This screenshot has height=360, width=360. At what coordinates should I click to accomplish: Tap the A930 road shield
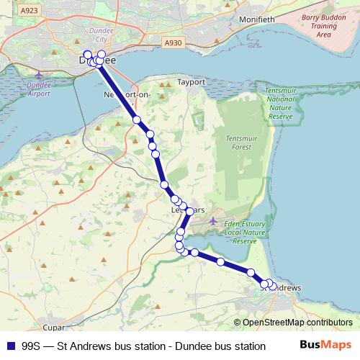(x=173, y=43)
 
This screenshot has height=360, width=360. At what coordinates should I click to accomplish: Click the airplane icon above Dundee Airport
(x=38, y=75)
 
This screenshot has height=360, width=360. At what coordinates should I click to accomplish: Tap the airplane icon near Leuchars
(x=212, y=220)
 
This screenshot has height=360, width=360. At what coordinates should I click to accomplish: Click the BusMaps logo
(x=326, y=346)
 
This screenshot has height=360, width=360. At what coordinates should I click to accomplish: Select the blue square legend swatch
(x=9, y=346)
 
